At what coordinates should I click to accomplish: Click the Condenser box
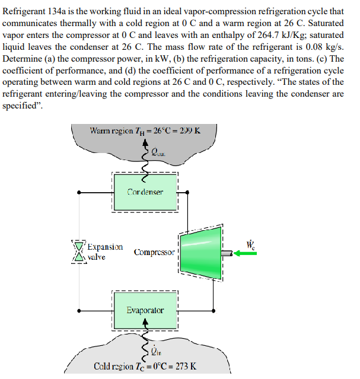(x=145, y=192)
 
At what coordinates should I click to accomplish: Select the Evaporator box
(x=145, y=310)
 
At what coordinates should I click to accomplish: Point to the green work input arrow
(x=246, y=253)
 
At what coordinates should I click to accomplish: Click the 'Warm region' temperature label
(x=145, y=131)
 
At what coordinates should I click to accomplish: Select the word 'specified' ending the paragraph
(x=23, y=105)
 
